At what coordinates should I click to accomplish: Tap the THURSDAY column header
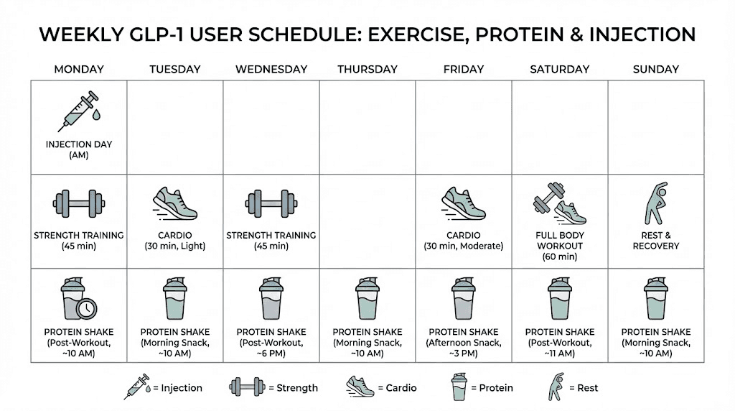pyautogui.click(x=367, y=70)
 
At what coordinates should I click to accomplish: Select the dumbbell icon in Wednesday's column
pyautogui.click(x=271, y=203)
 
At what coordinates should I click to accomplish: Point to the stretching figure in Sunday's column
pyautogui.click(x=655, y=203)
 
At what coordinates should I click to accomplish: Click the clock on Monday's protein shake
pyautogui.click(x=87, y=308)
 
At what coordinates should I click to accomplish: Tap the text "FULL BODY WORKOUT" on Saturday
pyautogui.click(x=560, y=241)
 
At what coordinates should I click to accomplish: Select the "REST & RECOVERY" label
pyautogui.click(x=655, y=241)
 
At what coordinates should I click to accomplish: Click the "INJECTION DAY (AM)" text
pyautogui.click(x=79, y=149)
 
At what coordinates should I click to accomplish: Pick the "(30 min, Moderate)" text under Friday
pyautogui.click(x=463, y=246)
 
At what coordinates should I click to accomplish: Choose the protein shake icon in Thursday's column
pyautogui.click(x=367, y=297)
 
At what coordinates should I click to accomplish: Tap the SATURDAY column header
pyautogui.click(x=559, y=70)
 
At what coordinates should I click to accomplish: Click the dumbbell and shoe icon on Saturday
pyautogui.click(x=559, y=203)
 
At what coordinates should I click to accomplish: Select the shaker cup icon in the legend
pyautogui.click(x=459, y=387)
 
